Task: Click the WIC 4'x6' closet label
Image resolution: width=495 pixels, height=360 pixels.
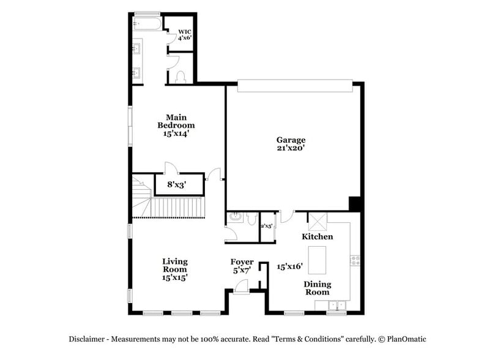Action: [184, 34]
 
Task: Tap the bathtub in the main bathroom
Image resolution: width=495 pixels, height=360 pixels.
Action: [147, 24]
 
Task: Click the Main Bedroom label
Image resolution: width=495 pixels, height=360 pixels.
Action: [176, 125]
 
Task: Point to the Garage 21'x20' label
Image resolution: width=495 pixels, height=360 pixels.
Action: [291, 144]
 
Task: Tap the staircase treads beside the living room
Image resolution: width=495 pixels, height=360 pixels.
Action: [177, 207]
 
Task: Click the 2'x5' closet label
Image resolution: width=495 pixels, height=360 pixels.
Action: [267, 226]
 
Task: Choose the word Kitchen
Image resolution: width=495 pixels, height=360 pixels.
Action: [318, 236]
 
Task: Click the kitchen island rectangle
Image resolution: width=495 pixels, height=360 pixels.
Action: [316, 260]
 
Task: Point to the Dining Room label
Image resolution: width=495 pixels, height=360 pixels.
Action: [318, 288]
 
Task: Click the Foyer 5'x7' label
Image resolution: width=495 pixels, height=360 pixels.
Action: [242, 266]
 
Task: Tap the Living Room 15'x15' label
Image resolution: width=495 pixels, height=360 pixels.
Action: [174, 269]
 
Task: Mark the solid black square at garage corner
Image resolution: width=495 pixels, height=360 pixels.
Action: [355, 203]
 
